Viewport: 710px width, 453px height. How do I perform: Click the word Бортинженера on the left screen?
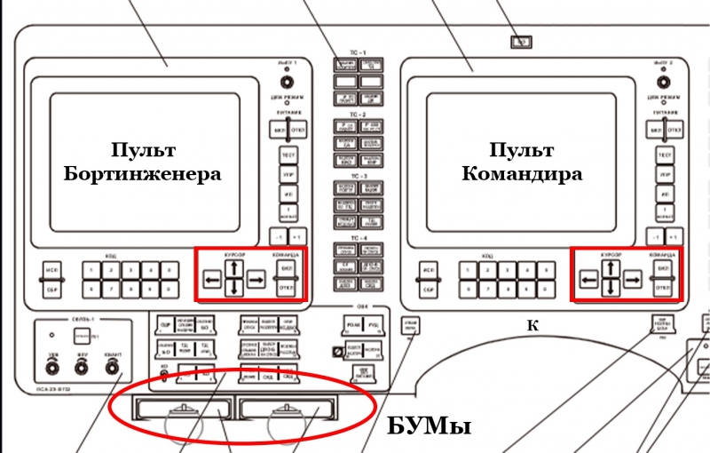[x=143, y=173]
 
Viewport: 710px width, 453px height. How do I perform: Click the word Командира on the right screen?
[x=523, y=173]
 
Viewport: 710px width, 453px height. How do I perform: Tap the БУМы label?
[x=429, y=426]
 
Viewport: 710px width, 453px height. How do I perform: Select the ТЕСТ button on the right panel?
[x=664, y=155]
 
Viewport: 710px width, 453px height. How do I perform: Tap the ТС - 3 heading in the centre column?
[x=358, y=177]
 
